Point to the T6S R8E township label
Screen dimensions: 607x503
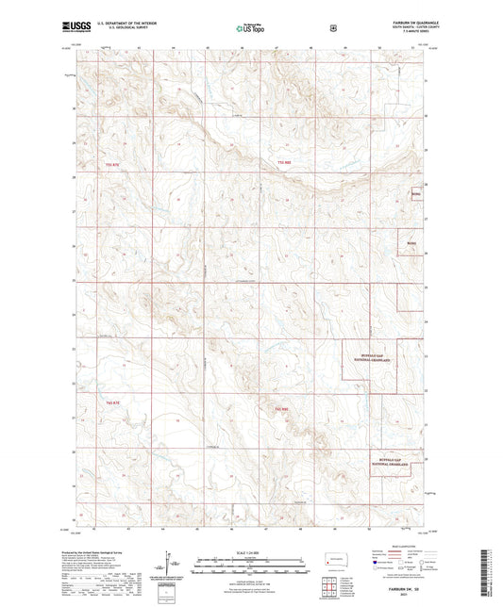279,408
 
